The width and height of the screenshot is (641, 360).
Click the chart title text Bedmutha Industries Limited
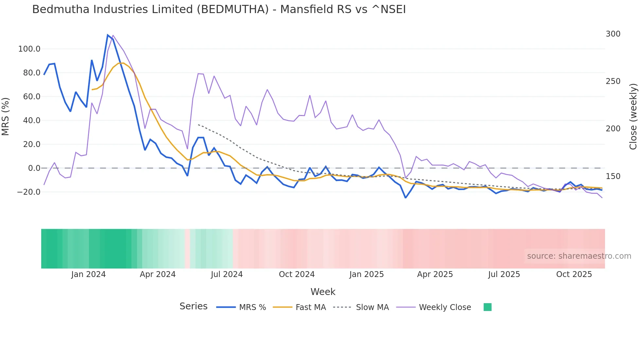tap(219, 9)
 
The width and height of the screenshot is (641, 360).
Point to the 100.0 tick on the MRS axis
tap(29, 49)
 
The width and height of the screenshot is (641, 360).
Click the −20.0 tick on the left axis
tap(29, 192)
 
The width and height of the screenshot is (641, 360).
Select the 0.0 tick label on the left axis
tap(34, 168)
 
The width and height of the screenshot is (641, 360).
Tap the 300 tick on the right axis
tap(613, 34)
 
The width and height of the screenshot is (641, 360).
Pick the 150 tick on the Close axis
tap(613, 176)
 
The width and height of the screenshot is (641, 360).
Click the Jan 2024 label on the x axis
tap(88, 274)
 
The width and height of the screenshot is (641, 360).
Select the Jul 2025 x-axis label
tap(504, 274)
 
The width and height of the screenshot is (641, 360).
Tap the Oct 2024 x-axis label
tap(297, 274)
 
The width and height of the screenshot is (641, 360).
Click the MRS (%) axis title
tap(6, 116)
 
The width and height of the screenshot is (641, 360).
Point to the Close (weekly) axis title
tap(633, 117)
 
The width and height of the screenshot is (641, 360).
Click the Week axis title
tap(323, 292)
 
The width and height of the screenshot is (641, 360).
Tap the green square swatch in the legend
tap(487, 307)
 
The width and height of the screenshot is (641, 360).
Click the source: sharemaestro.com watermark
tap(579, 256)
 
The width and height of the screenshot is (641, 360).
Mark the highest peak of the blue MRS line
tap(108, 35)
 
